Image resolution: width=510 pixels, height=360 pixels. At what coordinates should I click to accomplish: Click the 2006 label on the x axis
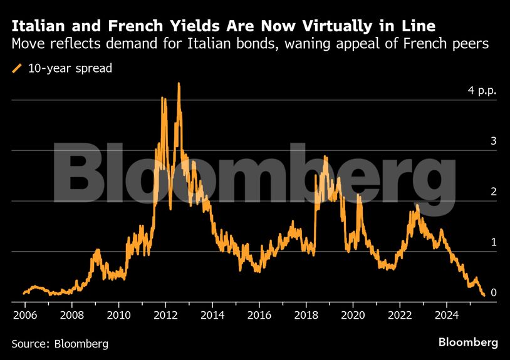(x=24, y=314)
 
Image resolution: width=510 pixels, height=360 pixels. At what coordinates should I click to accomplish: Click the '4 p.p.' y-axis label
(x=482, y=90)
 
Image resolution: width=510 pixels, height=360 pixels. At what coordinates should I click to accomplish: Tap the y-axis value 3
(x=494, y=141)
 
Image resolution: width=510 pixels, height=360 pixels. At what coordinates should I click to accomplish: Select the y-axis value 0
(x=494, y=292)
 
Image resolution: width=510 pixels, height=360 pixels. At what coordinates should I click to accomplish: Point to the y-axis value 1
(x=494, y=242)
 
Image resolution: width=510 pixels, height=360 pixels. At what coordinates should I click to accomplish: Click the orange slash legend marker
(x=17, y=68)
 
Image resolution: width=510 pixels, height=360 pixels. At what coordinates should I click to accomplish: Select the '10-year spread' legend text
(x=70, y=68)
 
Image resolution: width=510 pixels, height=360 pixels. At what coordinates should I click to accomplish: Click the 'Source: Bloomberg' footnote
(x=60, y=343)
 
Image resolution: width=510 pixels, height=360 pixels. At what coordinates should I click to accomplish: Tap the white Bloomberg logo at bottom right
(x=468, y=342)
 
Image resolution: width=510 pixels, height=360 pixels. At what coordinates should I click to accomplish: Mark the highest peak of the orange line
(x=179, y=84)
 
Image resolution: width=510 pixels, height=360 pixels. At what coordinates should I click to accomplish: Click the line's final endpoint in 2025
(x=484, y=295)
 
